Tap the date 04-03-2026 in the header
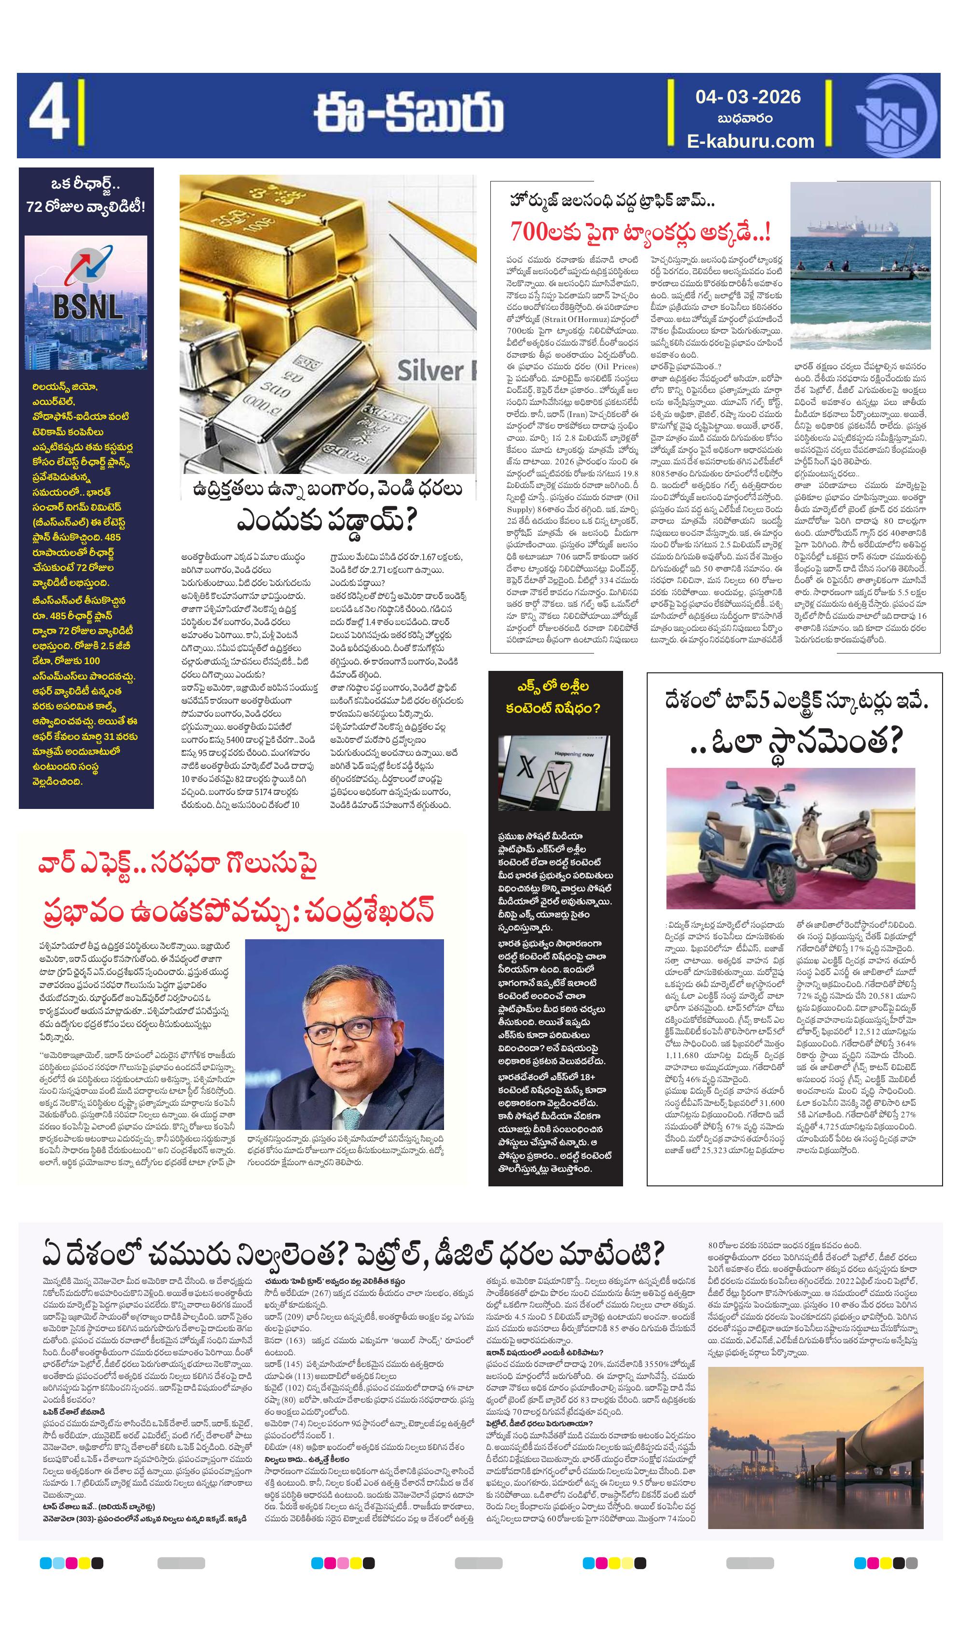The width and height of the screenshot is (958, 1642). point(748,97)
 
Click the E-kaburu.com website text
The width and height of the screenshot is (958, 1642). point(750,141)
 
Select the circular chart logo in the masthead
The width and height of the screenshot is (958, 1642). point(895,116)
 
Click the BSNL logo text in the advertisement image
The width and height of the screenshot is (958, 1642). point(87,306)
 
